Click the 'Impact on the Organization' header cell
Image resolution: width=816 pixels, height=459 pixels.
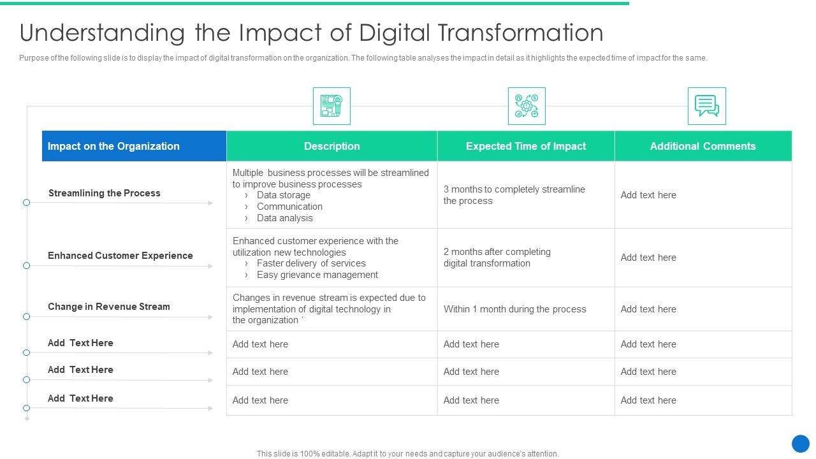(x=114, y=146)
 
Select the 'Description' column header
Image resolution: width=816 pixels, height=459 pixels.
(x=331, y=146)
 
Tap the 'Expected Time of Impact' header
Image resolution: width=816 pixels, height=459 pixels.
(x=525, y=146)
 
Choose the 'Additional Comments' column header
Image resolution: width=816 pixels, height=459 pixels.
(x=703, y=146)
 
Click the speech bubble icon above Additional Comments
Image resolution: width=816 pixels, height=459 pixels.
(x=706, y=106)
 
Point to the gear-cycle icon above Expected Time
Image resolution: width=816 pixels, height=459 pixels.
(x=527, y=106)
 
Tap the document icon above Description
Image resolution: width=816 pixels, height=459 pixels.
(x=331, y=106)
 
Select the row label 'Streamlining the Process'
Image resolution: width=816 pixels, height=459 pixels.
(x=105, y=193)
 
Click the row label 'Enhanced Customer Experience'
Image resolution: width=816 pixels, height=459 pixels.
(x=120, y=256)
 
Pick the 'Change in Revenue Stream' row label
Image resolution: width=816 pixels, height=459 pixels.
(x=109, y=307)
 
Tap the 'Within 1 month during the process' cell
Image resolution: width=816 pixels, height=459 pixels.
(x=514, y=309)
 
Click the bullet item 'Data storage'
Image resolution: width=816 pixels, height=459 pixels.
(x=284, y=195)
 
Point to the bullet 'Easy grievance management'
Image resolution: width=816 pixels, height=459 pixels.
(x=317, y=275)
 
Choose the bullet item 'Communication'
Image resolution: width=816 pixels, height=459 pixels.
(x=289, y=207)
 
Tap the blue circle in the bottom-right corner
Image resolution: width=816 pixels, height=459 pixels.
(x=800, y=444)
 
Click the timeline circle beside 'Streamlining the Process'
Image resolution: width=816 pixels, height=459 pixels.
(x=27, y=203)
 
